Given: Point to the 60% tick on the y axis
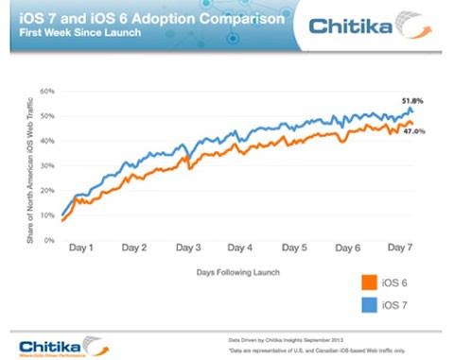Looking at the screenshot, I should pyautogui.click(x=46, y=92).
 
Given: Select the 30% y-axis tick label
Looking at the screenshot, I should pyautogui.click(x=46, y=166).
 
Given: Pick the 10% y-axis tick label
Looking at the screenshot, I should pyautogui.click(x=46, y=216).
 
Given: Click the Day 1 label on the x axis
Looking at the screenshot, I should pyautogui.click(x=81, y=250).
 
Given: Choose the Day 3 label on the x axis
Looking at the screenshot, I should pyautogui.click(x=189, y=250).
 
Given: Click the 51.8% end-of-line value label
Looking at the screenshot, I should pyautogui.click(x=410, y=99).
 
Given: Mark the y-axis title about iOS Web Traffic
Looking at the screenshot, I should pyautogui.click(x=31, y=168).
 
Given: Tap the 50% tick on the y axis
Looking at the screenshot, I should pyautogui.click(x=46, y=117).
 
